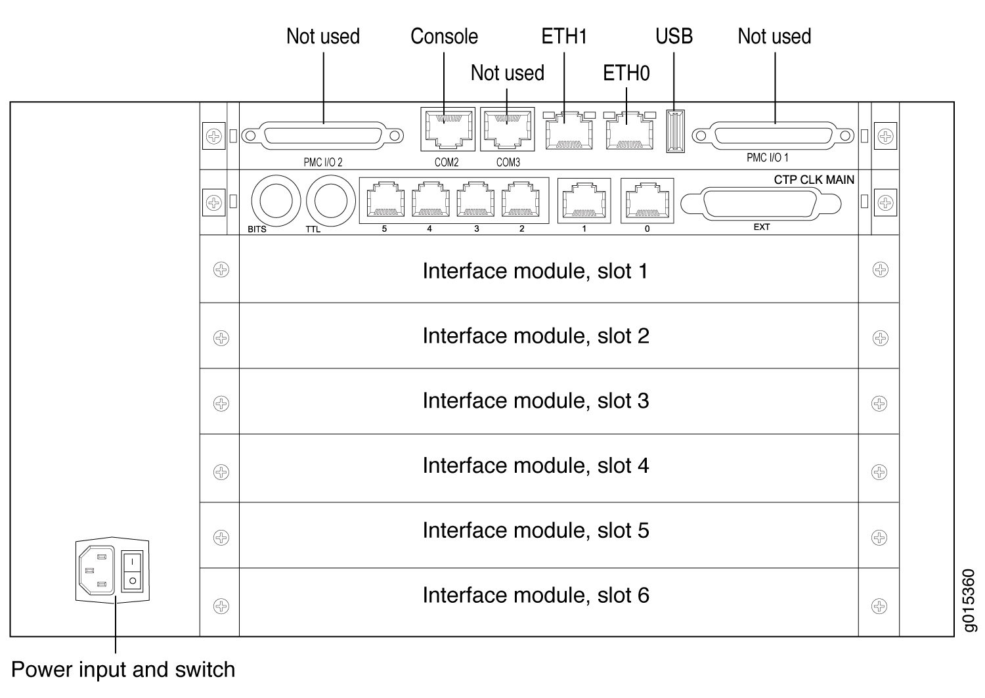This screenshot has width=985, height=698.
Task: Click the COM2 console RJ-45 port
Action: tap(447, 129)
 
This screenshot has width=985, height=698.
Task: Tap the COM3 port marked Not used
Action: tap(508, 129)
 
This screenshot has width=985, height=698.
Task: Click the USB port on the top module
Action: tap(675, 131)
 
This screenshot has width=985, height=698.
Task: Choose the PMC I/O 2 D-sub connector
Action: tap(322, 136)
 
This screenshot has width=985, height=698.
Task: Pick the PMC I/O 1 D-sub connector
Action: tap(774, 136)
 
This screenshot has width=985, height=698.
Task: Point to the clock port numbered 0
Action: tap(647, 200)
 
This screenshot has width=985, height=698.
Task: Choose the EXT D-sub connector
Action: tap(760, 204)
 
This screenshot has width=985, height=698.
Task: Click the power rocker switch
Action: tap(133, 571)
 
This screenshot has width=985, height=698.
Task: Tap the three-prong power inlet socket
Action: tap(96, 571)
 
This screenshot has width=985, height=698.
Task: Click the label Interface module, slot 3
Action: tap(535, 401)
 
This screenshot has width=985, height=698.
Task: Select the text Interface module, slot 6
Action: tap(535, 595)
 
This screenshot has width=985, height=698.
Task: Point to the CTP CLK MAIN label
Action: tap(814, 180)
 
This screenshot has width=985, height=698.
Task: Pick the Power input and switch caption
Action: tap(123, 670)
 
